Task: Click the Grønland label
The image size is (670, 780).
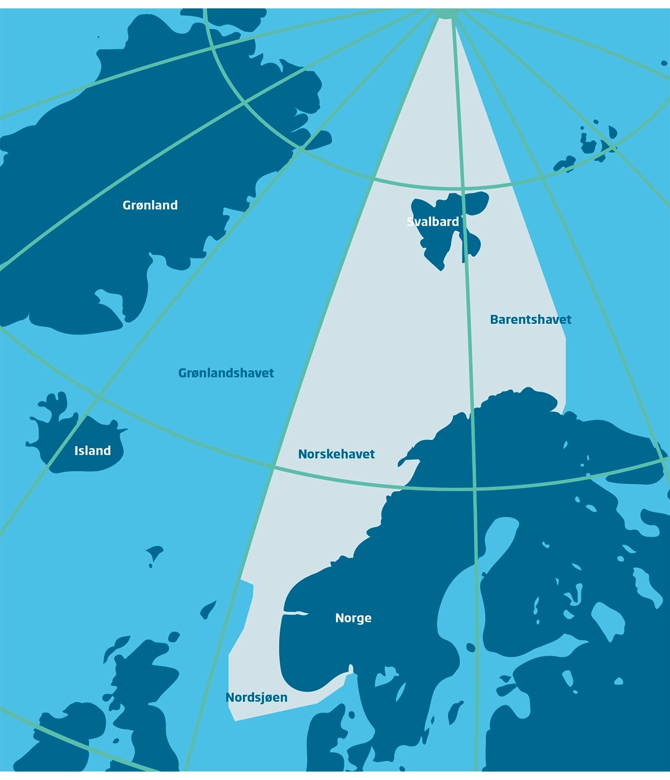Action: coord(150,205)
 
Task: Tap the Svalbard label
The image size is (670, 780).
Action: coord(433,222)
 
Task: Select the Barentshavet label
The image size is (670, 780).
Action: coord(530,320)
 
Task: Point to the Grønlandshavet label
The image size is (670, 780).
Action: coord(226,373)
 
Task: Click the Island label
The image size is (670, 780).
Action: coord(93,451)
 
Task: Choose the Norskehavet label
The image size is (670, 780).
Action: coord(336,454)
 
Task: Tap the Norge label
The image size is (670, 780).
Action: coord(353,618)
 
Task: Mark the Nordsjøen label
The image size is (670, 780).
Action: coord(256,697)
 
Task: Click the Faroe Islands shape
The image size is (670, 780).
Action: coord(154,554)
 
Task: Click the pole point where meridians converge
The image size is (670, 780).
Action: coord(445,12)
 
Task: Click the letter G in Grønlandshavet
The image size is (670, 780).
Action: coord(183,373)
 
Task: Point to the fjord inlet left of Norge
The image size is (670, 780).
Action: coord(296,614)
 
